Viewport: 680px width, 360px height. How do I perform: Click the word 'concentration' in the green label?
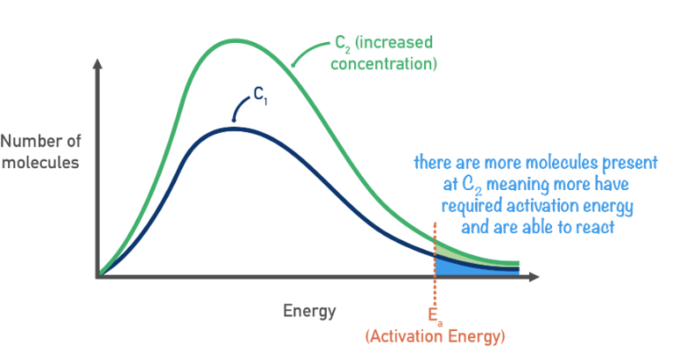(386, 63)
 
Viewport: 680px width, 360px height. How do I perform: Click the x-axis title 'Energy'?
(308, 310)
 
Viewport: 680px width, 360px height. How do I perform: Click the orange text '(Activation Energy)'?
(435, 335)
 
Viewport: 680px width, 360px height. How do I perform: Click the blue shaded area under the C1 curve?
(456, 268)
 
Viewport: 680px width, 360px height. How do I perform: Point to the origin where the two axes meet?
(97, 277)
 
